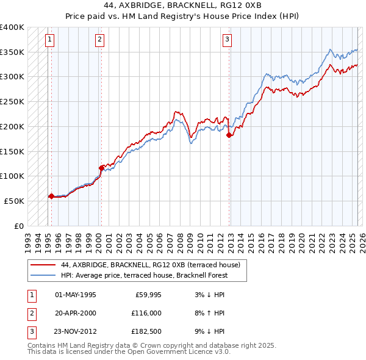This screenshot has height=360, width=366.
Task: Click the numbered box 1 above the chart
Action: pyautogui.click(x=49, y=40)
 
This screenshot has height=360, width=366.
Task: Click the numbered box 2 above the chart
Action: pyautogui.click(x=99, y=40)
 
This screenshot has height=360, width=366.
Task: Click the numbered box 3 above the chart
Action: pyautogui.click(x=227, y=40)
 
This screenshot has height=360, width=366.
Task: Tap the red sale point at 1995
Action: pyautogui.click(x=51, y=196)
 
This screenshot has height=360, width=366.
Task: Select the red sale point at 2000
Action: pyautogui.click(x=101, y=168)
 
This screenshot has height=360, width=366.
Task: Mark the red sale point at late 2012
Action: pyautogui.click(x=229, y=135)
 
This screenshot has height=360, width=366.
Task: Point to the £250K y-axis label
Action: pyautogui.click(x=12, y=102)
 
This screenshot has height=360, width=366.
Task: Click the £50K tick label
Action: pyautogui.click(x=15, y=201)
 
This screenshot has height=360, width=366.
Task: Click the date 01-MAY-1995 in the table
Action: pyautogui.click(x=76, y=295)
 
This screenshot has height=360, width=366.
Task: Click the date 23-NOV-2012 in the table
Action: pyautogui.click(x=76, y=331)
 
